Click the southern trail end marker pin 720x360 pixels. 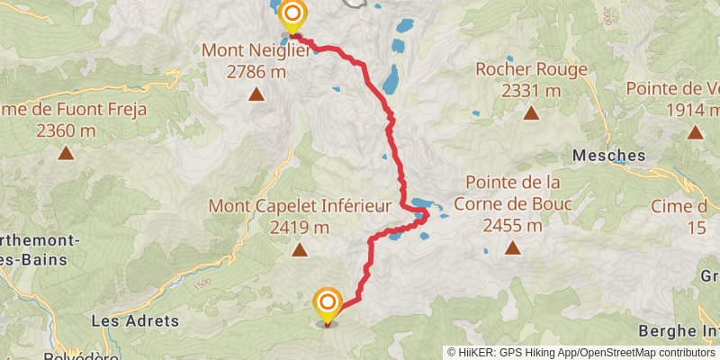point(328,304)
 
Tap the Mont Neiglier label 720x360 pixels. point(256,49)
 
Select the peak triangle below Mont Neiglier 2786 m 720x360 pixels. point(256,94)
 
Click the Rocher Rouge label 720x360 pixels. point(531,69)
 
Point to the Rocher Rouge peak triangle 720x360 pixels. point(531,113)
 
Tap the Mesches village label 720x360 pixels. point(609,156)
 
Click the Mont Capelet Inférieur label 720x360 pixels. point(300,206)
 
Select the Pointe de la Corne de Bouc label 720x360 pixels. point(512,193)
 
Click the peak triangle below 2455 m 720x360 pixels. point(512,247)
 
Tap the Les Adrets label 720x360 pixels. point(136,320)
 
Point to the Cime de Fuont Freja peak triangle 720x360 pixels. point(66,153)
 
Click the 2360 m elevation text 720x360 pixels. point(66,130)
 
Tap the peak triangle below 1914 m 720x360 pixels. point(695,133)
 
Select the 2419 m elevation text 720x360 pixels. point(300,227)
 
